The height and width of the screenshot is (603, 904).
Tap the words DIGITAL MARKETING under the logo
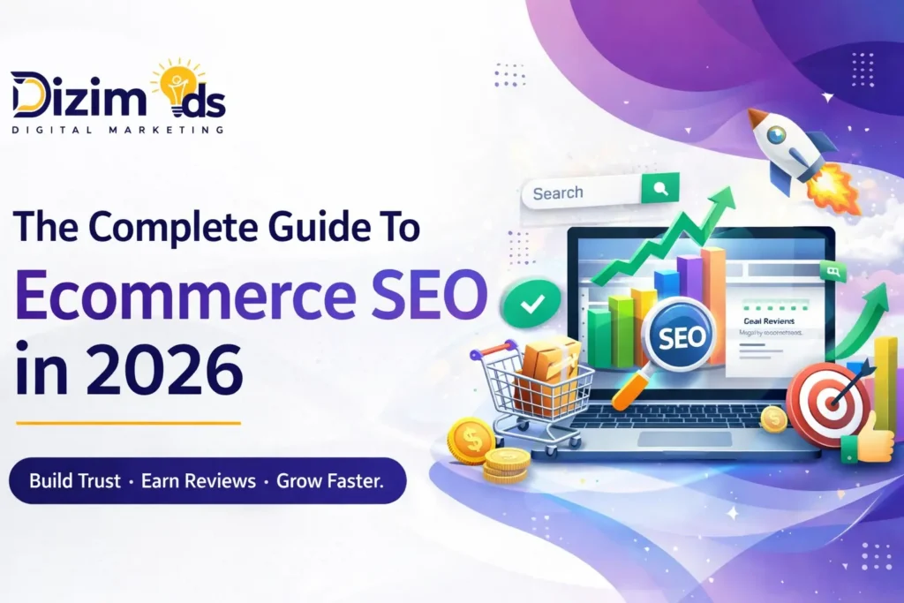(117, 129)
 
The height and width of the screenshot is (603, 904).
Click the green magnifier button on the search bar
(660, 189)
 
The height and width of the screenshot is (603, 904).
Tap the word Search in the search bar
(558, 192)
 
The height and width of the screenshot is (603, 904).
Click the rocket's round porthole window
(776, 135)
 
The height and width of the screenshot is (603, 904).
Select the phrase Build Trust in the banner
(76, 482)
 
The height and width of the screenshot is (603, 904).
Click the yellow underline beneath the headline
(128, 423)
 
